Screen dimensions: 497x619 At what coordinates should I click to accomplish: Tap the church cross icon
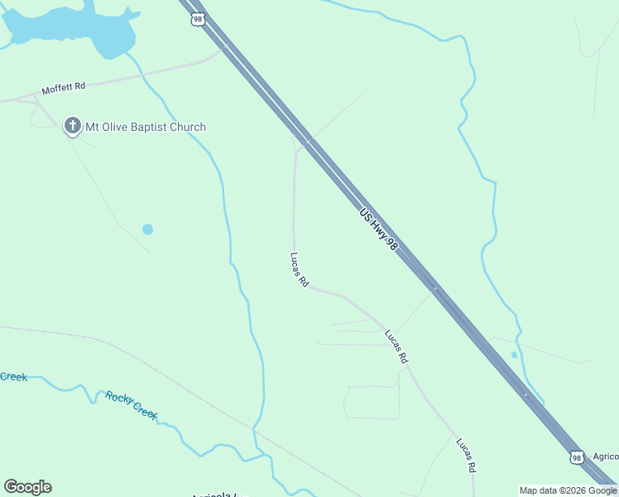[x=73, y=127]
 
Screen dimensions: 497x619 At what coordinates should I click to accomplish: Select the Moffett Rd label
[x=64, y=87]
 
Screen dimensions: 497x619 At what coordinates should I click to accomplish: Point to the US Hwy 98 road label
[x=374, y=225]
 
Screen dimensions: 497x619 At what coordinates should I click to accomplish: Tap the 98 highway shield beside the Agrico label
[x=577, y=456]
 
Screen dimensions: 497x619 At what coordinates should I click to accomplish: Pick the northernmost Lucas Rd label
[x=300, y=270]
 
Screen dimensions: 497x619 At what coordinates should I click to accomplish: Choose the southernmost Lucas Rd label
[x=466, y=455]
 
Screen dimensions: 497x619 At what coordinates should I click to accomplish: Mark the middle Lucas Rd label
[x=396, y=346]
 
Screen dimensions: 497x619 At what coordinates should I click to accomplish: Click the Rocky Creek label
[x=131, y=404]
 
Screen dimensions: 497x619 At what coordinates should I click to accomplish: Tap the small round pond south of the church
[x=147, y=229]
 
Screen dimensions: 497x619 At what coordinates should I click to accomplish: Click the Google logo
[x=27, y=487]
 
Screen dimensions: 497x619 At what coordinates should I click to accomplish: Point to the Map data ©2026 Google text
[x=568, y=490]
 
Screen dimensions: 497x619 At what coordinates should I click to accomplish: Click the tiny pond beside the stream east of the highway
[x=514, y=355]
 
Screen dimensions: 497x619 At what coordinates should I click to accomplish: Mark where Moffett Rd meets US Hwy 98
[x=223, y=48]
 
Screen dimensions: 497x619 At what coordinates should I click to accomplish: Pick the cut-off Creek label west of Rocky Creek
[x=13, y=377]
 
